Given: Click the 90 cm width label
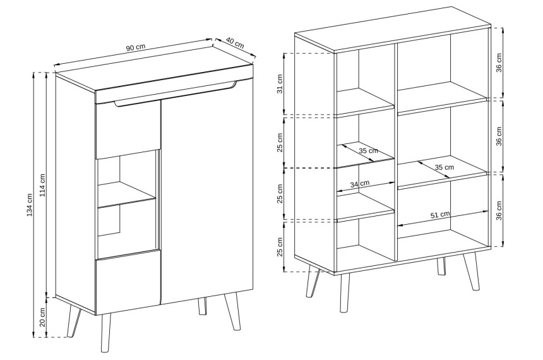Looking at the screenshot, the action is (x=135, y=47).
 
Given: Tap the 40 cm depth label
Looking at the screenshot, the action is (x=235, y=42).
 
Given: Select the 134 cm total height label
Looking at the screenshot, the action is (x=30, y=205).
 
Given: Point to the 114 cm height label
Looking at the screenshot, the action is (x=42, y=185).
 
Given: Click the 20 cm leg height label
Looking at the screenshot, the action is (x=42, y=317).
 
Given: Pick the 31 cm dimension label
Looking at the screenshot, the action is (x=280, y=84).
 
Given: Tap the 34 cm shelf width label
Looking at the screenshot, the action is (x=360, y=184).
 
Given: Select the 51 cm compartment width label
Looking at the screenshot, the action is (x=440, y=215).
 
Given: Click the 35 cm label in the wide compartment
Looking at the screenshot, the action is (x=445, y=167).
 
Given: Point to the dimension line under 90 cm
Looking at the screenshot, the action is (x=133, y=52).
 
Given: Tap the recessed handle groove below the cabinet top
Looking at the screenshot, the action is (x=175, y=93).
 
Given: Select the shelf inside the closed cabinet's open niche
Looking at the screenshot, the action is (x=127, y=195).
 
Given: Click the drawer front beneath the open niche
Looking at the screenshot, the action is (x=128, y=282).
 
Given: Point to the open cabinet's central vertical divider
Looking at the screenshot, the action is (x=395, y=152).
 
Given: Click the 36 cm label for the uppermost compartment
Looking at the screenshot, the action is (x=499, y=63).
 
